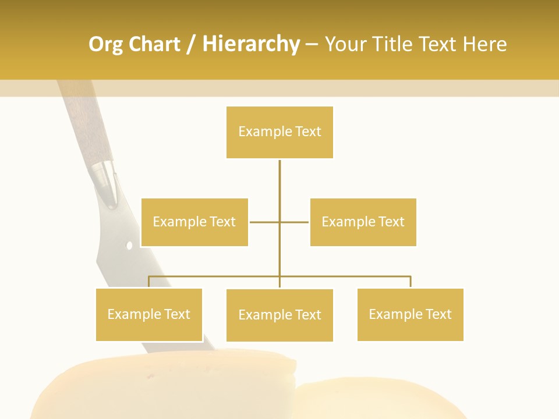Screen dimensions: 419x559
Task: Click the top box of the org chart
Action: coord(279,132)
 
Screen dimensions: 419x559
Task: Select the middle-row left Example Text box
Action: coord(194,222)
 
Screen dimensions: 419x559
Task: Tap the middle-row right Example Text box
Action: coord(363,222)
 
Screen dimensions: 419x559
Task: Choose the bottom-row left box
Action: coord(149,314)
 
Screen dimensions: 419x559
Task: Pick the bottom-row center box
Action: coord(279,315)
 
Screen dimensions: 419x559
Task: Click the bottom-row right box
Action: coord(410,314)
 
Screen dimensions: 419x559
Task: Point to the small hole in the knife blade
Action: coord(129,246)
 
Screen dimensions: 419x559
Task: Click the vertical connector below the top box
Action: coord(279,186)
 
